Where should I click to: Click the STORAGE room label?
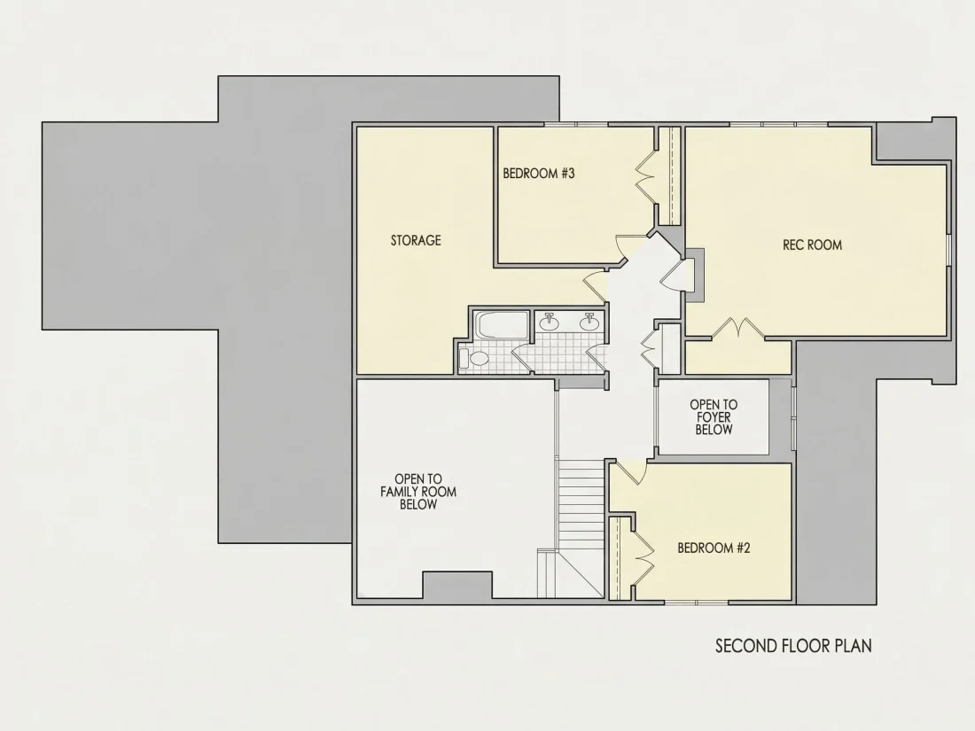(x=416, y=240)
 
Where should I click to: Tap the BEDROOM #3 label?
(x=539, y=174)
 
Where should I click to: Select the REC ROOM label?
(x=812, y=245)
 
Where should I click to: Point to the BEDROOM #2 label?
(x=714, y=548)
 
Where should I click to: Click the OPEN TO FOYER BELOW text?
(x=714, y=417)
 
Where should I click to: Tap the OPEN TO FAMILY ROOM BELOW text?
(x=418, y=492)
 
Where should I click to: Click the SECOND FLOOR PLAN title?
(x=793, y=646)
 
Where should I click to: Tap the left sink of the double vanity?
(x=549, y=321)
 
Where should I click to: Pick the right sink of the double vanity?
(x=589, y=321)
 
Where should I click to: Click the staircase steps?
(x=581, y=503)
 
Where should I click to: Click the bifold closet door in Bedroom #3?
(x=646, y=174)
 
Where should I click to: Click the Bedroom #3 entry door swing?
(x=622, y=247)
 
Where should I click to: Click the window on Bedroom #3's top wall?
(x=576, y=125)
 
